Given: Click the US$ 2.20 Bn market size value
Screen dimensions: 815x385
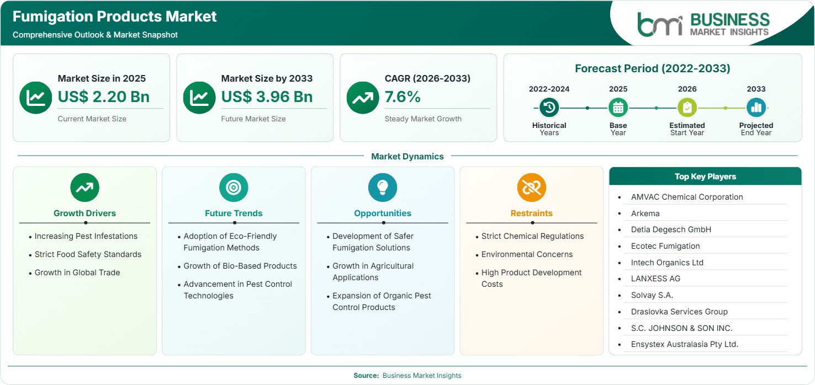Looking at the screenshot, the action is pos(104,97).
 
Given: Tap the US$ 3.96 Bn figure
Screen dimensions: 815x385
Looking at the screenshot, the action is pos(267,97).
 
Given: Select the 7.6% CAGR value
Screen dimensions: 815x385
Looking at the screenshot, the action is pos(403,97).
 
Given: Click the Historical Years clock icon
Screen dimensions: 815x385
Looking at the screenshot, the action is pos(549,108).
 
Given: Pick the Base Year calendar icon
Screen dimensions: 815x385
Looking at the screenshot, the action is pos(618,108).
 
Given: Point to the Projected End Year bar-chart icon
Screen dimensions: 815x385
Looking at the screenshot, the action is pos(756,108).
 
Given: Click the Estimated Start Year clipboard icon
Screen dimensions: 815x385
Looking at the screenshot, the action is pos(687,108).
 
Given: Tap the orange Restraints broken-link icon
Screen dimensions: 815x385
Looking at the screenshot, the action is pos(532,188).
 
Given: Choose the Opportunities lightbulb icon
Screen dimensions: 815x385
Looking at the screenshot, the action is pos(383,188).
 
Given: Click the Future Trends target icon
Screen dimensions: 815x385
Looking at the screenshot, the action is pos(234,188).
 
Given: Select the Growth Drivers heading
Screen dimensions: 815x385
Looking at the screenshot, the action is pos(85,213).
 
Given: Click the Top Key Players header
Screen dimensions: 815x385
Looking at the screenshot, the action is pos(705,177).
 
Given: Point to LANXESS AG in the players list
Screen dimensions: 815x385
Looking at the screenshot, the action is pos(655,279).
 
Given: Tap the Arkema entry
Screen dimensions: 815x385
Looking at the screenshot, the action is pos(645,213).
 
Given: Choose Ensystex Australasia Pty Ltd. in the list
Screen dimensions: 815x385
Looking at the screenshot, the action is pos(684,344).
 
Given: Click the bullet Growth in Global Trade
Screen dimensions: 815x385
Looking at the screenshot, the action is pos(77,272).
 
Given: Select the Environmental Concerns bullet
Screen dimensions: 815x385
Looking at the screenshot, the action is pos(527,254).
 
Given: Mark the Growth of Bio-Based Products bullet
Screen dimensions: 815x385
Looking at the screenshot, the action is pos(240,266).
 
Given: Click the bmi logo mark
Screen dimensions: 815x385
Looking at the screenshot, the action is pos(660,25).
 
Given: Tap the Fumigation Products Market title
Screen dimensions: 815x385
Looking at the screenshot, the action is pos(115,17).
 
